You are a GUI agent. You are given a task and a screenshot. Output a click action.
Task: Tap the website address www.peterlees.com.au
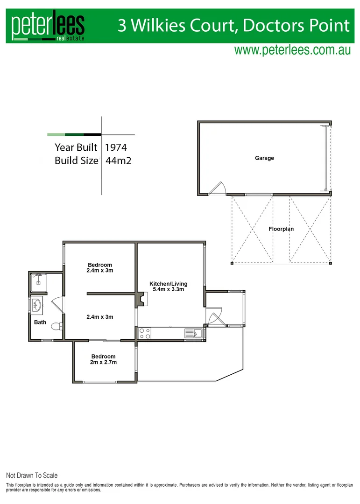(x=292, y=50)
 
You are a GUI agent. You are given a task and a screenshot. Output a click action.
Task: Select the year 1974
(x=116, y=147)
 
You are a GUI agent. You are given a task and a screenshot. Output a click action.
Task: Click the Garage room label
(x=264, y=158)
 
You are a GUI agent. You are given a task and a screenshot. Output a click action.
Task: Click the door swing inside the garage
(x=217, y=188)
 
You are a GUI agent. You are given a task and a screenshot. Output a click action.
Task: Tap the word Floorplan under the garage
(x=281, y=229)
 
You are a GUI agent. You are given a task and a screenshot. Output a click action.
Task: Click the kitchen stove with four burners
(x=145, y=334)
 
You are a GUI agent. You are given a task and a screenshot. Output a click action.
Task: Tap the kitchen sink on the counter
(x=193, y=333)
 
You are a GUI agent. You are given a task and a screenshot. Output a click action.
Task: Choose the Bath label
(x=40, y=322)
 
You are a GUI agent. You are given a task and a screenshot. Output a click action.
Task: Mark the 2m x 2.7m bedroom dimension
(x=103, y=362)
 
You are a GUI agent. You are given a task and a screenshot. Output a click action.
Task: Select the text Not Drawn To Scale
(x=32, y=476)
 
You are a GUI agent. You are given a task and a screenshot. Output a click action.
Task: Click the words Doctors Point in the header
(x=296, y=25)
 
